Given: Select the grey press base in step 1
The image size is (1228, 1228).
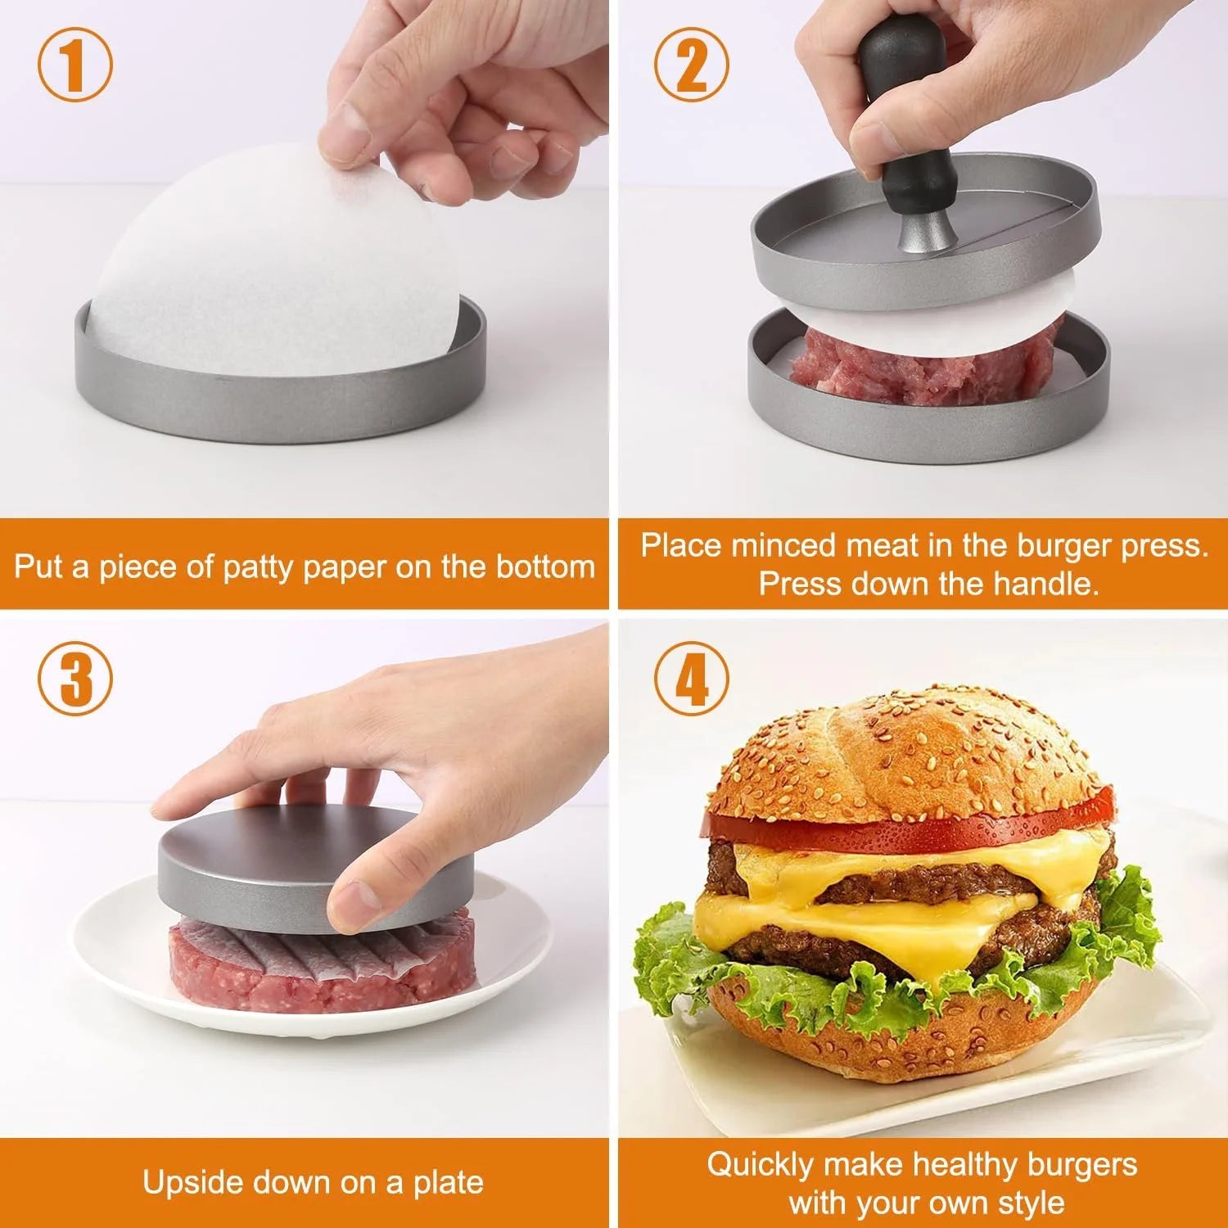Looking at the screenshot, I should [x=278, y=401].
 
